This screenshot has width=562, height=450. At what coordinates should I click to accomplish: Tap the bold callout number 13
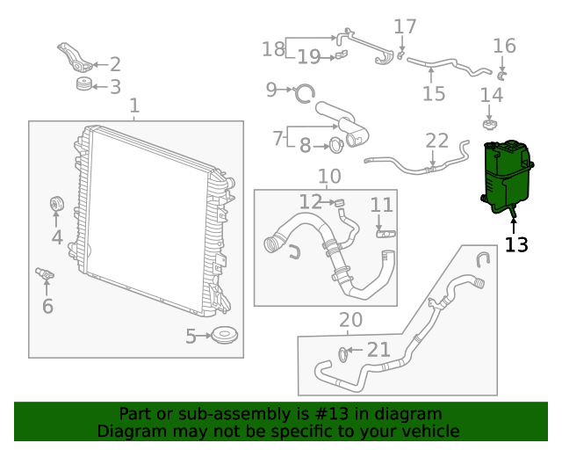pos(517,245)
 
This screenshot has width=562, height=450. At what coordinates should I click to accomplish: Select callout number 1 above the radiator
pos(134,107)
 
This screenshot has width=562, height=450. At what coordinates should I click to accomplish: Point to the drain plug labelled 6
pos(44,275)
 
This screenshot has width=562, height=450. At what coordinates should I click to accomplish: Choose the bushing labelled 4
pos(55,205)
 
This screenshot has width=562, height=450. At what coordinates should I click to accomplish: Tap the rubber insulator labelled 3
pos(84,85)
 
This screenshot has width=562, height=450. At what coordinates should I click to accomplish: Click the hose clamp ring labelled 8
pos(336,145)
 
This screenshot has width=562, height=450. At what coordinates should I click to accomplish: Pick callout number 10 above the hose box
pos(329,177)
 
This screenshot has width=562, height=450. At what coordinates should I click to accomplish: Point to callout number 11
pos(382,206)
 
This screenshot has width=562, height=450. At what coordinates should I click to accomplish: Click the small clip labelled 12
pos(337,203)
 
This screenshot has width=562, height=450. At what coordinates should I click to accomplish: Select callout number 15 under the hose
pos(434,94)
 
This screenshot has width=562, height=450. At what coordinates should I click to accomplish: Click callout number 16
pos(504,46)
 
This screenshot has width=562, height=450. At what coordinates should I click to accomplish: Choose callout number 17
pos(405,27)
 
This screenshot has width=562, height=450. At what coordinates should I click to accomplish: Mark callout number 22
pos(437,141)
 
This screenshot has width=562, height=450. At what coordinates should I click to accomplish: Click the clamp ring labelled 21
pos(343,354)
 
